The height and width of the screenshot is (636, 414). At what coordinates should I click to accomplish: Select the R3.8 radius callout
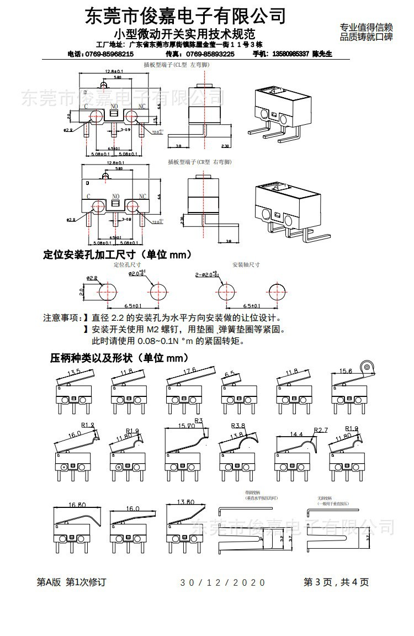pos(238,426)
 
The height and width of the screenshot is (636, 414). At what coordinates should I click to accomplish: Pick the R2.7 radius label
pos(321,430)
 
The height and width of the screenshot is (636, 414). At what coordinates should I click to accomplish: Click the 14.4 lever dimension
pos(298,434)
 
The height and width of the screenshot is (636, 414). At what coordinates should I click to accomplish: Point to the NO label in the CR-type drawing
pos(116,196)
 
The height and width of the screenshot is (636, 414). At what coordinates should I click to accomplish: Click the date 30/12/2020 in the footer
pos(223,582)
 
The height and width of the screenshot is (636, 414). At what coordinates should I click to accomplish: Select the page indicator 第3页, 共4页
pos(336,582)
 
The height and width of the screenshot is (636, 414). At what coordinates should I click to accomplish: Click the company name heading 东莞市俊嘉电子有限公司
pos(185,15)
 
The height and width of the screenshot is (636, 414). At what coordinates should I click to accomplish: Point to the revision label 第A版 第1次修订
pos(71,582)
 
